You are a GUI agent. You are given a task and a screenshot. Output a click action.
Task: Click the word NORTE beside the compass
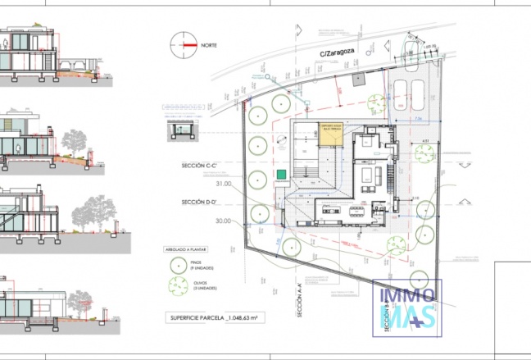click(209, 45)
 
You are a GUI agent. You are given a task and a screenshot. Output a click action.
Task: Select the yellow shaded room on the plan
click(330, 134)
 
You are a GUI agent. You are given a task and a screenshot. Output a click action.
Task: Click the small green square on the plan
click(281, 174)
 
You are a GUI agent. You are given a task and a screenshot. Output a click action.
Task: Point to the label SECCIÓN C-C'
click(203, 166)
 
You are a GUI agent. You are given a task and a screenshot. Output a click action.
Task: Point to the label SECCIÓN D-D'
click(203, 201)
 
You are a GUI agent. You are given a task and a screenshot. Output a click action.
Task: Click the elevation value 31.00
click(223, 184)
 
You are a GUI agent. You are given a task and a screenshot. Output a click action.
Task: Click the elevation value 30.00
click(223, 221)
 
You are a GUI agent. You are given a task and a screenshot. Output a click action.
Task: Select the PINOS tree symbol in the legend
click(179, 265)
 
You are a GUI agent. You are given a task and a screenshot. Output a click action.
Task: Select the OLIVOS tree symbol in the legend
click(179, 286)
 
